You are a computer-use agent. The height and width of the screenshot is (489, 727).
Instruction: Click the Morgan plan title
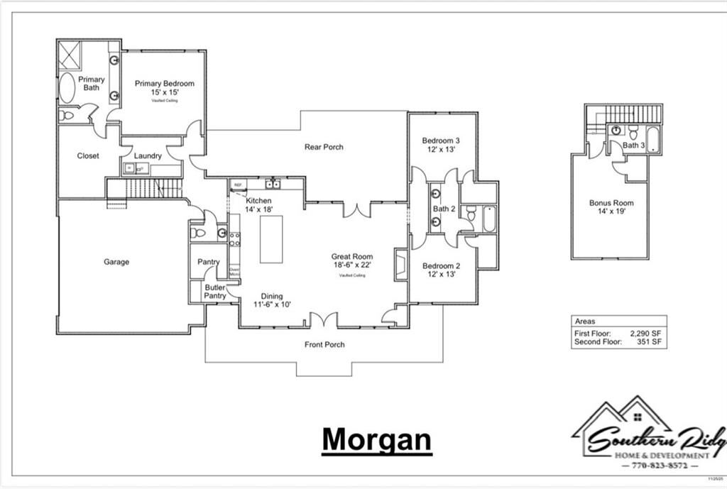click(x=376, y=440)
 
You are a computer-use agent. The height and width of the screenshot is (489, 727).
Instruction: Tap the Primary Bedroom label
click(x=165, y=84)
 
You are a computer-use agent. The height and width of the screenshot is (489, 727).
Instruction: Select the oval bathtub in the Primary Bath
click(x=67, y=88)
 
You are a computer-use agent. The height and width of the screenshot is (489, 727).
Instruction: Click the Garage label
click(x=116, y=262)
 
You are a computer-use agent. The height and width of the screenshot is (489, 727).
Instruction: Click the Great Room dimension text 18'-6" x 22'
click(x=351, y=265)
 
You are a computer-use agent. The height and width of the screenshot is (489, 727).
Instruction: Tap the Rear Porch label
click(x=324, y=147)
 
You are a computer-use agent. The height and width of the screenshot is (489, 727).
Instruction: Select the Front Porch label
click(x=324, y=345)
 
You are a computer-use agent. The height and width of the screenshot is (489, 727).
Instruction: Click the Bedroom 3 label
click(x=441, y=140)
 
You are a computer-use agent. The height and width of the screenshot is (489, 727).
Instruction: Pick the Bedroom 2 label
click(x=441, y=266)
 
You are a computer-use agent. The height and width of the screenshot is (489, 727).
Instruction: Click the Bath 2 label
click(x=444, y=209)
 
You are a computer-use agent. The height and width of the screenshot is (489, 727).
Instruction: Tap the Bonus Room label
click(x=611, y=203)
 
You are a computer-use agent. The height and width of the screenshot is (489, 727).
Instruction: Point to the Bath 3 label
click(x=634, y=145)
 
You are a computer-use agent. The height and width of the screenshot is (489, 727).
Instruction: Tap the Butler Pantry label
click(x=214, y=291)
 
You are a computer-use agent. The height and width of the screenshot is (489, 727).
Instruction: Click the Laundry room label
click(x=148, y=156)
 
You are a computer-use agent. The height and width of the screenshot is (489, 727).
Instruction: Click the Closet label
click(x=88, y=156)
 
